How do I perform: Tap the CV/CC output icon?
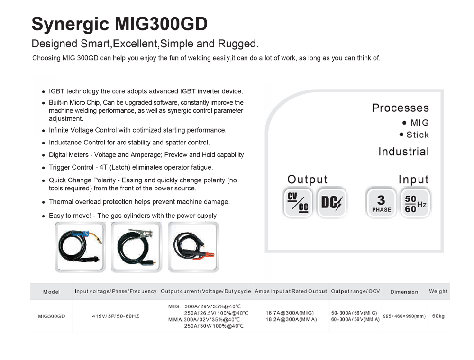tap(298, 202)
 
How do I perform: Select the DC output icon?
tap(332, 202)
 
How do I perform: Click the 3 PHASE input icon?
tap(381, 202)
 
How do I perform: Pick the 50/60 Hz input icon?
tap(415, 202)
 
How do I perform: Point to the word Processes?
tap(400, 108)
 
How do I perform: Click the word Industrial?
tap(403, 152)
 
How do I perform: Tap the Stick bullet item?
tap(414, 135)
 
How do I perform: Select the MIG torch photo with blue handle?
tap(81, 247)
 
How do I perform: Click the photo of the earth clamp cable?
tap(137, 247)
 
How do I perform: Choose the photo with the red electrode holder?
tap(193, 247)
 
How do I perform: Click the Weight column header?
tap(438, 291)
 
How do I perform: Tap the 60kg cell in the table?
tap(438, 316)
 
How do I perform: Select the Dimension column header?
tap(404, 292)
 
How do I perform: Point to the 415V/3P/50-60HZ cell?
tap(116, 316)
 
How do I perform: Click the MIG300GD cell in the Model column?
tap(51, 316)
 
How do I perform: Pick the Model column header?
tap(51, 292)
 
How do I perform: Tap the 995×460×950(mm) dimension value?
tap(404, 316)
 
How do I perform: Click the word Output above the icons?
tap(308, 180)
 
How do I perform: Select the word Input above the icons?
tap(413, 180)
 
